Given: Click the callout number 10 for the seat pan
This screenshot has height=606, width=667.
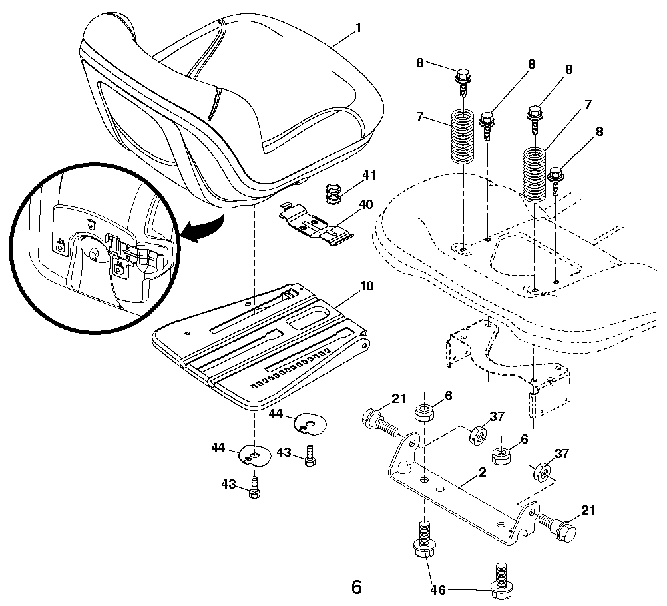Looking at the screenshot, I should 367,286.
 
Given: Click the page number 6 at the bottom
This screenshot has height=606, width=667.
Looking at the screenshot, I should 356,587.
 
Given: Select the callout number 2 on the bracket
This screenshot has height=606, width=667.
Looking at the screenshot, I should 481,473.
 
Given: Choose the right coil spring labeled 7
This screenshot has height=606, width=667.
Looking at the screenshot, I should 535,174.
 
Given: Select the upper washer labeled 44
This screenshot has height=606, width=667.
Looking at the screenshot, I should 309,422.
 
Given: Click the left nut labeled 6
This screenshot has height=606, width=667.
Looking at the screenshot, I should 424,413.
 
